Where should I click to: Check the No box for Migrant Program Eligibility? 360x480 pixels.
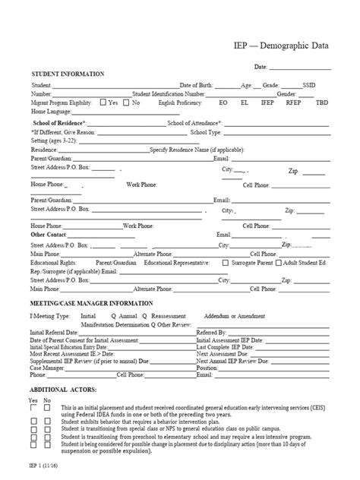click(126, 102)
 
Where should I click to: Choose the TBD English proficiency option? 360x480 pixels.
click(322, 102)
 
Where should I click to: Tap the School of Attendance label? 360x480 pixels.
click(194, 122)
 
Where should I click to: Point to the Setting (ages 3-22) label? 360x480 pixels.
click(54, 141)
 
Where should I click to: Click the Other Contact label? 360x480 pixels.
click(49, 235)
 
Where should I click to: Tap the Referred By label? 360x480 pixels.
click(211, 332)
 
